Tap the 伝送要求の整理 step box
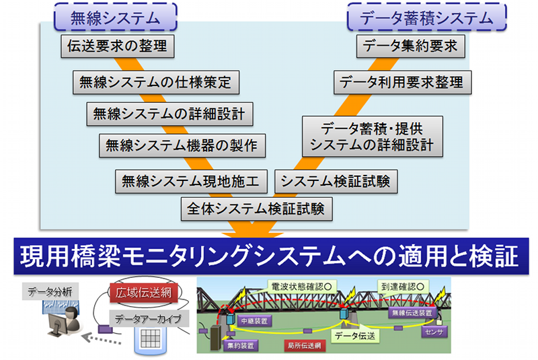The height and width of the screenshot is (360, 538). (x=117, y=47)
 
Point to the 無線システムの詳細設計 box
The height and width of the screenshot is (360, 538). (x=169, y=114)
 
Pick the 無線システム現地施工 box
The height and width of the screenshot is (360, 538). (x=192, y=181)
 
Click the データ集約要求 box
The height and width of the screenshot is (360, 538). (x=410, y=47)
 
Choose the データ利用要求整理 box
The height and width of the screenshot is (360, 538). (x=401, y=83)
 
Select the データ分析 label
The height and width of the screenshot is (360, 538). (x=51, y=291)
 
